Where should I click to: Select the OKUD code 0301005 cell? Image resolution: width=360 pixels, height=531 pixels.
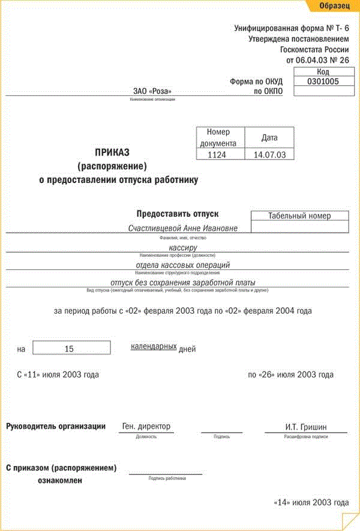click(x=323, y=81)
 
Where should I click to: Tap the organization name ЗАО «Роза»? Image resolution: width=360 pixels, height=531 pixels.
click(x=152, y=91)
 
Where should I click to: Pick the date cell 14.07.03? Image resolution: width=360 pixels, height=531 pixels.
click(x=269, y=154)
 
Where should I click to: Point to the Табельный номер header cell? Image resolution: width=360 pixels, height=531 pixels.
click(x=299, y=216)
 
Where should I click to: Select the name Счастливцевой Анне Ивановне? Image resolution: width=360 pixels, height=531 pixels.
click(x=183, y=228)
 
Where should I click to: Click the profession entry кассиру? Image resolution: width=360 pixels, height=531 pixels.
click(x=183, y=247)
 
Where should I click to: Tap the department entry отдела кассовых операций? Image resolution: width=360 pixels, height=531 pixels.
click(x=183, y=265)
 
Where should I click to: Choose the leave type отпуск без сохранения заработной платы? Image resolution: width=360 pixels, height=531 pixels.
click(x=183, y=283)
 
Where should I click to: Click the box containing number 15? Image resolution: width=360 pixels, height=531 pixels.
click(x=71, y=348)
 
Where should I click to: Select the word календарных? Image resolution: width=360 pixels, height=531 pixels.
click(x=154, y=347)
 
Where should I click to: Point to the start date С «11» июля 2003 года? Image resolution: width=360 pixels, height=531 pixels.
click(x=58, y=374)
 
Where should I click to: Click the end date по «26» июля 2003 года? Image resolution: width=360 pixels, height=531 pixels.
click(x=290, y=374)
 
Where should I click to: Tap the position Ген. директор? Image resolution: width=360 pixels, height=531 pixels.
click(x=146, y=426)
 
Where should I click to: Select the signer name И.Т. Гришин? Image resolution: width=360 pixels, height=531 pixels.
click(x=307, y=427)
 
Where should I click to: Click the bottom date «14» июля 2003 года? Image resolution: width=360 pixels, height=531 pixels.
click(x=311, y=502)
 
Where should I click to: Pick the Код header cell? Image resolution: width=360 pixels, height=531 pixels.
click(x=323, y=71)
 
